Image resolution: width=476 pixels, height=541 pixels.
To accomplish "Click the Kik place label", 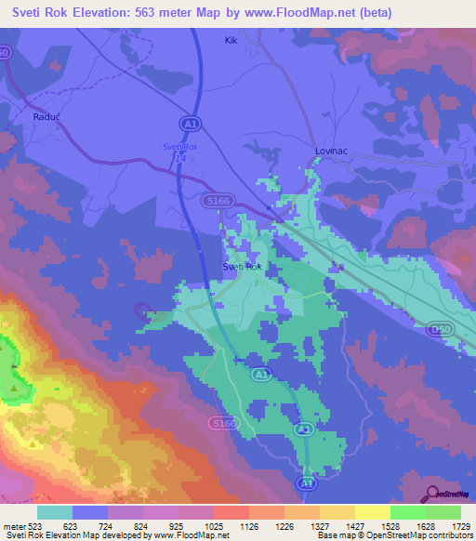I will click(232, 40).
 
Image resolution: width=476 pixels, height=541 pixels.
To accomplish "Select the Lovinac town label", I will click(331, 151).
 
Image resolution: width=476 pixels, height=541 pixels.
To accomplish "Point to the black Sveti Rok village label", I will click(242, 267).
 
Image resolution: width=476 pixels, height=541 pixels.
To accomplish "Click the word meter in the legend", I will click(16, 525).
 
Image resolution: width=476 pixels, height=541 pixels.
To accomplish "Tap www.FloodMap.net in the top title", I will click(313, 13).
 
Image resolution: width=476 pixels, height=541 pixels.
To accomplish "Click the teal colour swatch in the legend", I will click(55, 511).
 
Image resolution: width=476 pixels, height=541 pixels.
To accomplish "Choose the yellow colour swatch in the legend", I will click(372, 511).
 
